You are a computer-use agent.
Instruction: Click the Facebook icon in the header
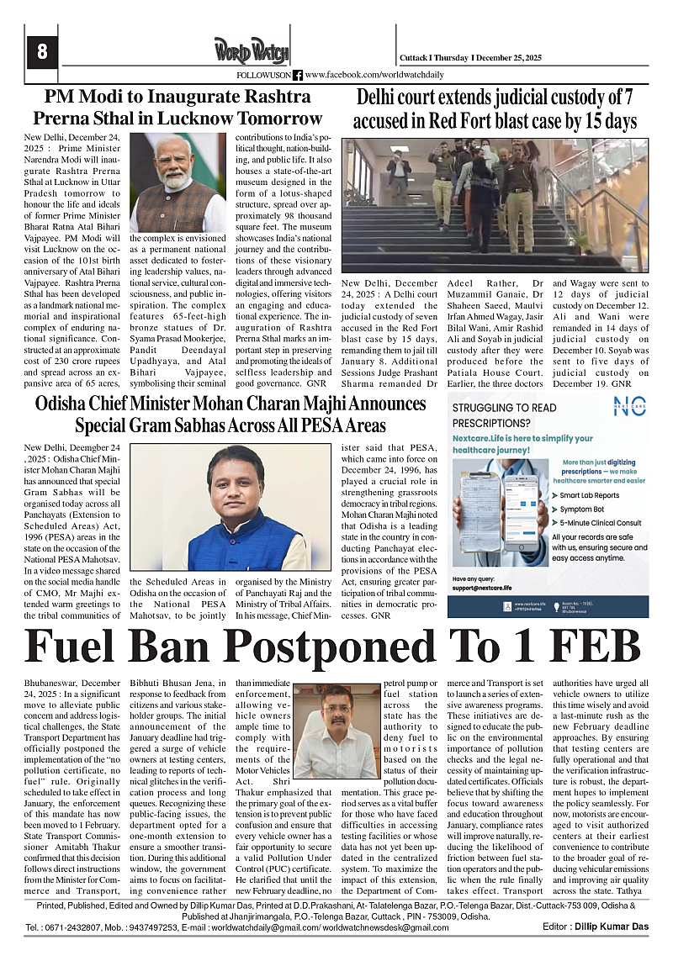(x=298, y=75)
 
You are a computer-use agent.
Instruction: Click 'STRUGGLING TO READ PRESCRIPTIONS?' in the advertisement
(x=504, y=415)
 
